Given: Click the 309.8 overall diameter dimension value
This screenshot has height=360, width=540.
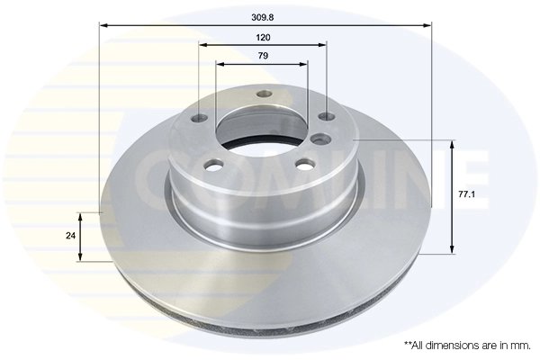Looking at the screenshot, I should coord(263,15).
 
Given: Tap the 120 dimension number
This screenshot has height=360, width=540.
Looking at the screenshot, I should coord(263,37).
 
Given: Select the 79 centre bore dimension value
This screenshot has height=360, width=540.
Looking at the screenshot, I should coord(263,56).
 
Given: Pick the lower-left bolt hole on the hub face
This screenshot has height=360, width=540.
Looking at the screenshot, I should coord(214,165).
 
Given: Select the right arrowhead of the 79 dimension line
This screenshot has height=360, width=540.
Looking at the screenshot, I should coord(305,64).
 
